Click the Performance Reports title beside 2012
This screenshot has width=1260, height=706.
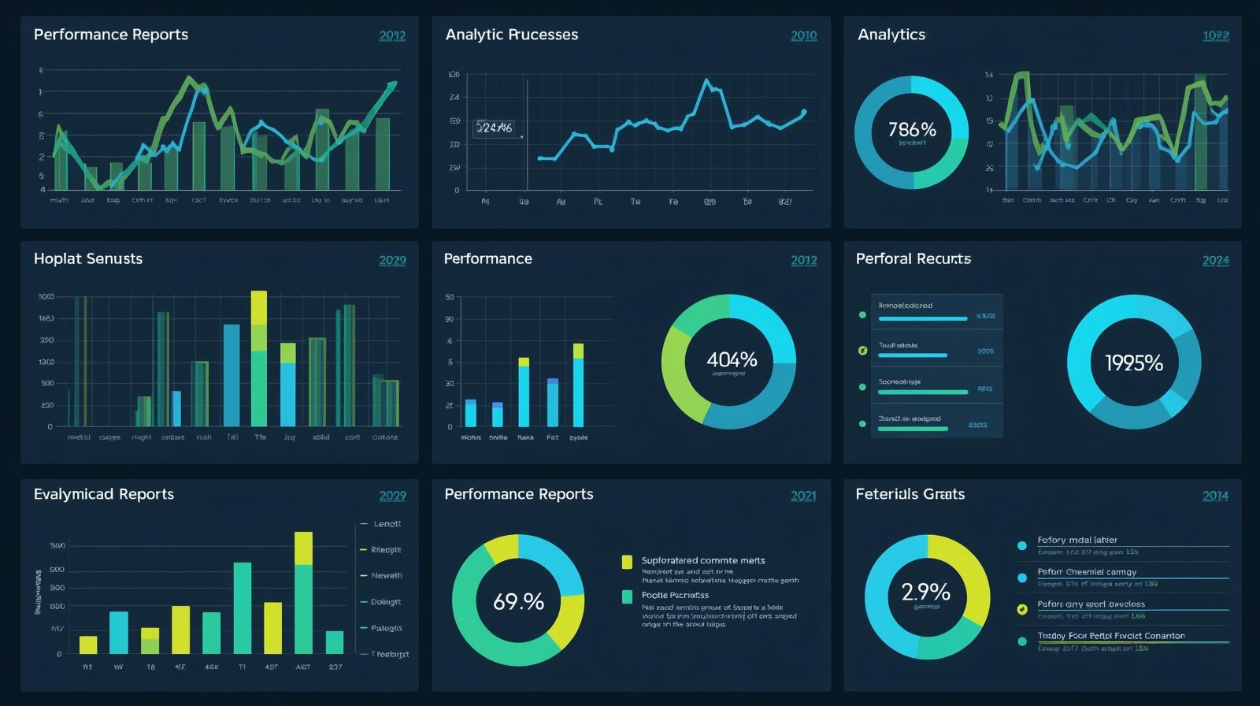(111, 35)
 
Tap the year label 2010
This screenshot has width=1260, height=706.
(803, 35)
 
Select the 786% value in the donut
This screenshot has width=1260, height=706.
(912, 129)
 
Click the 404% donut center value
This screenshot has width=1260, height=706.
(732, 360)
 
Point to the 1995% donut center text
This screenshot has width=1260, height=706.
(1133, 362)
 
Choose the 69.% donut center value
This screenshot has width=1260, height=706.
(518, 602)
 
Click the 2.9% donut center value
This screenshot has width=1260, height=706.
(925, 592)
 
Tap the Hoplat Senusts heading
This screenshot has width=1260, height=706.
(88, 258)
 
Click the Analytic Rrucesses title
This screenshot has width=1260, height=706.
(512, 35)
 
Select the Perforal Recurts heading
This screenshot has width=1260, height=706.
(913, 258)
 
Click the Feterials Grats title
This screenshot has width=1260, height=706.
(910, 494)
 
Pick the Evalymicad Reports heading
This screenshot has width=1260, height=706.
(104, 494)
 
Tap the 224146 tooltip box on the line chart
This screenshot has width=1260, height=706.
(496, 128)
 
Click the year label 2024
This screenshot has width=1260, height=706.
(1215, 260)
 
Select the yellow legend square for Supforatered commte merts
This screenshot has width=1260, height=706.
(627, 561)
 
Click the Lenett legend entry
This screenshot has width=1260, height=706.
(387, 524)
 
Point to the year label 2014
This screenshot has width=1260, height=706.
(1215, 496)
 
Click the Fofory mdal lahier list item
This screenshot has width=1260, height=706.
(1077, 541)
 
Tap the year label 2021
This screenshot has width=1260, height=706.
(803, 496)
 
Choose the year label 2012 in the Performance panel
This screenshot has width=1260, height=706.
(803, 260)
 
